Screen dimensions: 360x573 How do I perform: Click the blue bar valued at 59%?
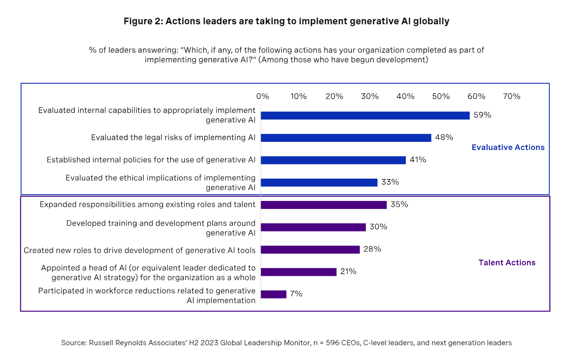coord(365,115)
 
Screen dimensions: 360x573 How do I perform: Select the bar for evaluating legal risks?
coord(346,138)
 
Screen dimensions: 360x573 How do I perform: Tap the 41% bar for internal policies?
coord(333,160)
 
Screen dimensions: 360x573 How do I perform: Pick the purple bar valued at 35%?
coord(324,205)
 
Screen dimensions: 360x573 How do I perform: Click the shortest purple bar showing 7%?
coord(274,294)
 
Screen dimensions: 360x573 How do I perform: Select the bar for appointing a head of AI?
coord(298,272)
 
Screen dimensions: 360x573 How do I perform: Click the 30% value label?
coord(378,227)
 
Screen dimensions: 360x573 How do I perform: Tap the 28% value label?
coord(372,250)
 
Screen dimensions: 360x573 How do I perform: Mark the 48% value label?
coord(444,138)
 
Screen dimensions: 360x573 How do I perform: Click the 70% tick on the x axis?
coord(512,96)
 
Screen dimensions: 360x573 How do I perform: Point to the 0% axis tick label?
coord(263,96)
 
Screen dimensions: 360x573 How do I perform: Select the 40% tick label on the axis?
coord(405,96)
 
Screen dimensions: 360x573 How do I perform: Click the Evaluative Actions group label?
coord(508,148)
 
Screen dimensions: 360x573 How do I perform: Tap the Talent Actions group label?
coord(507,263)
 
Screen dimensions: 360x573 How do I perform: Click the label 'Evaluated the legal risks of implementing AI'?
coord(173,138)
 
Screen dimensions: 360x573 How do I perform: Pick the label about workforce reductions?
coord(147,296)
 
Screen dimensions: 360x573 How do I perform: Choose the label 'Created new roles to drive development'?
coord(139,250)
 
